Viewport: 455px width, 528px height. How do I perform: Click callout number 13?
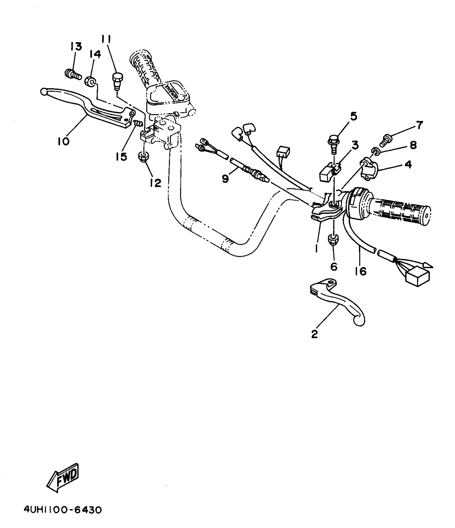point(76,47)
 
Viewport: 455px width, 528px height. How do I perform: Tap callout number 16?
point(361,271)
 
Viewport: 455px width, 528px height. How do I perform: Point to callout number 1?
point(316,248)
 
